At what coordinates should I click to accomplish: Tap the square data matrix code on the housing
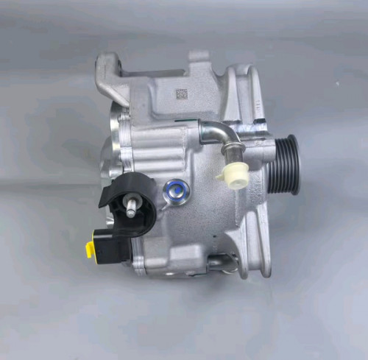click(x=181, y=94)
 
